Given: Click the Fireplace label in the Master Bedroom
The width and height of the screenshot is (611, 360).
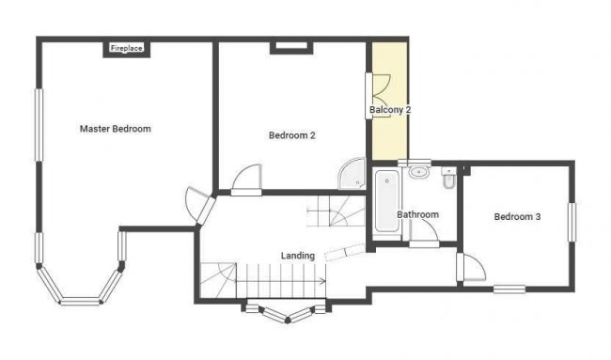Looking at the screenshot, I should pos(126,48).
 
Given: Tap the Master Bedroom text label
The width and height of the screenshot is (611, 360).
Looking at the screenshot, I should pos(115,129).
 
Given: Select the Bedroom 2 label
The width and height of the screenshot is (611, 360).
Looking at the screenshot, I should pos(291,135).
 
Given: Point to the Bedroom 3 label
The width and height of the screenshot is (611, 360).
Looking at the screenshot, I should pos(517,217).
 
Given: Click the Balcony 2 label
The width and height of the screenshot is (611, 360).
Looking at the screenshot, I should pos(389,110).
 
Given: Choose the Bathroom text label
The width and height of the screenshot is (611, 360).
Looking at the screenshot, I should pos(417,214).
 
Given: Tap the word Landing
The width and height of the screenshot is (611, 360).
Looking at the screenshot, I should pos(298,255).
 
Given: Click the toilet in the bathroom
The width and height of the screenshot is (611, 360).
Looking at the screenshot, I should pos(450,177).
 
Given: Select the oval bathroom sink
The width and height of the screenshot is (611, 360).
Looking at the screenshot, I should pos(418,173).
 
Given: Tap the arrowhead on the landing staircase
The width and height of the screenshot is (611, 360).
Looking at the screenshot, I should pos(322,280).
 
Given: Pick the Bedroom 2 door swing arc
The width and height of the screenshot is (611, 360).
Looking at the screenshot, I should pos(246,179).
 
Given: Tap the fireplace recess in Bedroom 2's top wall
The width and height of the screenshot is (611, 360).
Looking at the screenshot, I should pos(289,45).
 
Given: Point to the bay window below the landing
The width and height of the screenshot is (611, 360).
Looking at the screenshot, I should pos(285,311).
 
